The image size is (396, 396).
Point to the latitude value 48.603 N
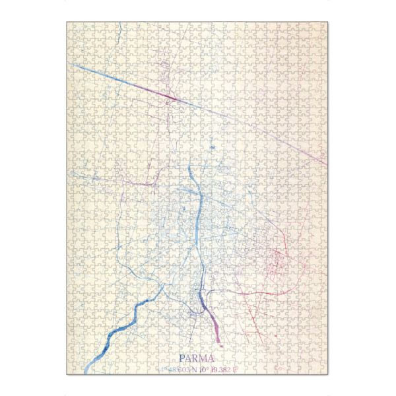[179, 369]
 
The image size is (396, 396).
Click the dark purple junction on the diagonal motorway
[170, 99]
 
